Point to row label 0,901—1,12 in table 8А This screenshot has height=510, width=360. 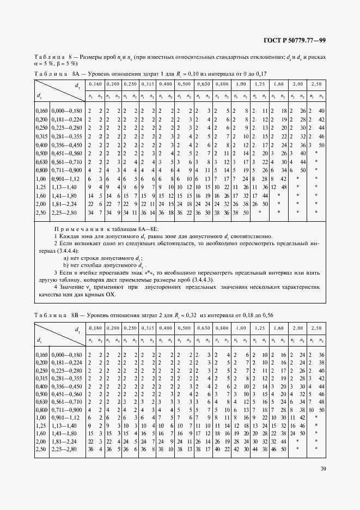click(68, 179)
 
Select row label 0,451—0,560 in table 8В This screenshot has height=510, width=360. click(68, 393)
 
